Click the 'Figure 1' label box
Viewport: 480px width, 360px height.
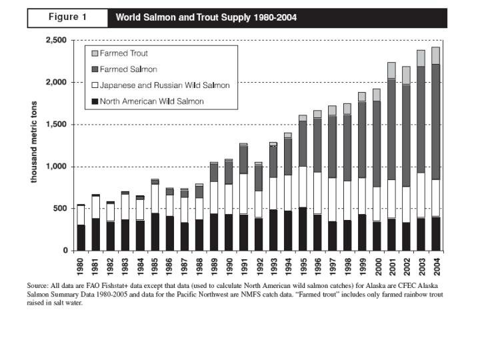(67, 18)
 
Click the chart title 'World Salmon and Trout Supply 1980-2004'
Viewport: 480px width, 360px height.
(206, 18)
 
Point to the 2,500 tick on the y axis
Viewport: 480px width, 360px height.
(56, 41)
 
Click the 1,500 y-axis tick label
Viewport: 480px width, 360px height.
(56, 125)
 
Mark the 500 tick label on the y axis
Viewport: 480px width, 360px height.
(61, 209)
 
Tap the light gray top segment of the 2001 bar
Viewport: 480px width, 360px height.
(391, 70)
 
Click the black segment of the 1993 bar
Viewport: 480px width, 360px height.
(273, 230)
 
